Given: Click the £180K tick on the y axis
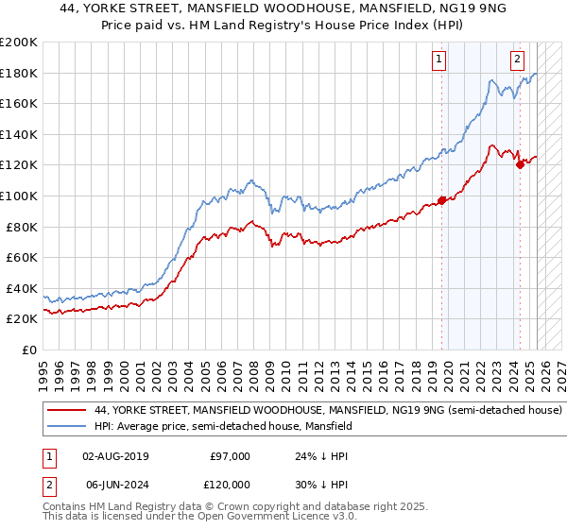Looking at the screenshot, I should [19, 73].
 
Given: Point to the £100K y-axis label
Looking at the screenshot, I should [19, 196].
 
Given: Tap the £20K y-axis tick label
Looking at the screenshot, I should [22, 319].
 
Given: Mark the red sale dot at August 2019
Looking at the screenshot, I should [441, 200].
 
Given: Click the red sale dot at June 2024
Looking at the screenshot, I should [520, 164].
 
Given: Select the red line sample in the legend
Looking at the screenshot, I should [66, 411].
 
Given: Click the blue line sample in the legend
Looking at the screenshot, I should [66, 427].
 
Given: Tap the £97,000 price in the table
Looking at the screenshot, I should [230, 456].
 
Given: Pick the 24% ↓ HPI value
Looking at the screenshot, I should [321, 456].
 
